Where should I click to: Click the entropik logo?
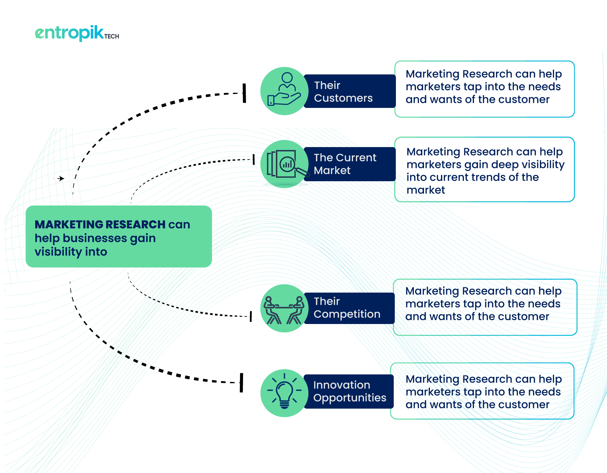(77, 33)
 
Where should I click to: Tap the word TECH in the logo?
(112, 36)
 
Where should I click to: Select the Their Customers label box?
(350, 91)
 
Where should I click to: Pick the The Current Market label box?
(350, 164)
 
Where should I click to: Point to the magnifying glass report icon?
(287, 164)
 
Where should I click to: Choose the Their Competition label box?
(349, 308)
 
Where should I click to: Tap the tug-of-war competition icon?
(284, 310)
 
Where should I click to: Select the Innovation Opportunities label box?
(349, 391)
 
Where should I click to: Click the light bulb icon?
(284, 391)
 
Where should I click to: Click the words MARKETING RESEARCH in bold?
(100, 224)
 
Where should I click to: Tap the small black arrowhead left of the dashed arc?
(61, 178)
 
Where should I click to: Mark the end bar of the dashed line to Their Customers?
(244, 93)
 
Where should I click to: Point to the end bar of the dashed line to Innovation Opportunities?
(241, 383)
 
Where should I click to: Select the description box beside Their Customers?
(485, 89)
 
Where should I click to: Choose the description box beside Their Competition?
(485, 307)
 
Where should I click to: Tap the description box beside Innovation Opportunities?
(482, 391)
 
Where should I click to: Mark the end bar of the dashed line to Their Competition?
(251, 316)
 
